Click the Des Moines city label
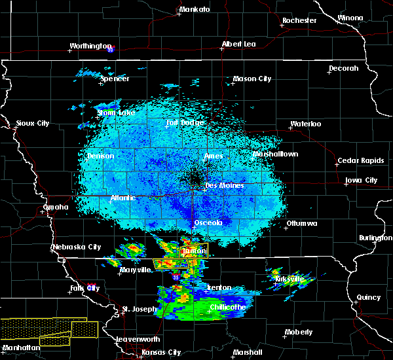pyautogui.click(x=224, y=185)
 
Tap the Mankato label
pyautogui.click(x=195, y=9)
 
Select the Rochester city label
pyautogui.click(x=299, y=20)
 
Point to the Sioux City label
pyautogui.click(x=33, y=123)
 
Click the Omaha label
pyautogui.click(x=56, y=207)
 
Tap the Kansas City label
pyautogui.click(x=161, y=352)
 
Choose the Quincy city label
pyautogui.click(x=369, y=297)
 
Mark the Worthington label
pyautogui.click(x=90, y=46)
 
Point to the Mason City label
pyautogui.click(x=252, y=79)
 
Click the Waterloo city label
pyautogui.click(x=306, y=124)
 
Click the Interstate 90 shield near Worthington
pyautogui.click(x=111, y=49)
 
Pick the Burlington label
pyautogui.click(x=376, y=238)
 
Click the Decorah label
pyautogui.click(x=344, y=68)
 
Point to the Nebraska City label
pyautogui.click(x=77, y=247)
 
